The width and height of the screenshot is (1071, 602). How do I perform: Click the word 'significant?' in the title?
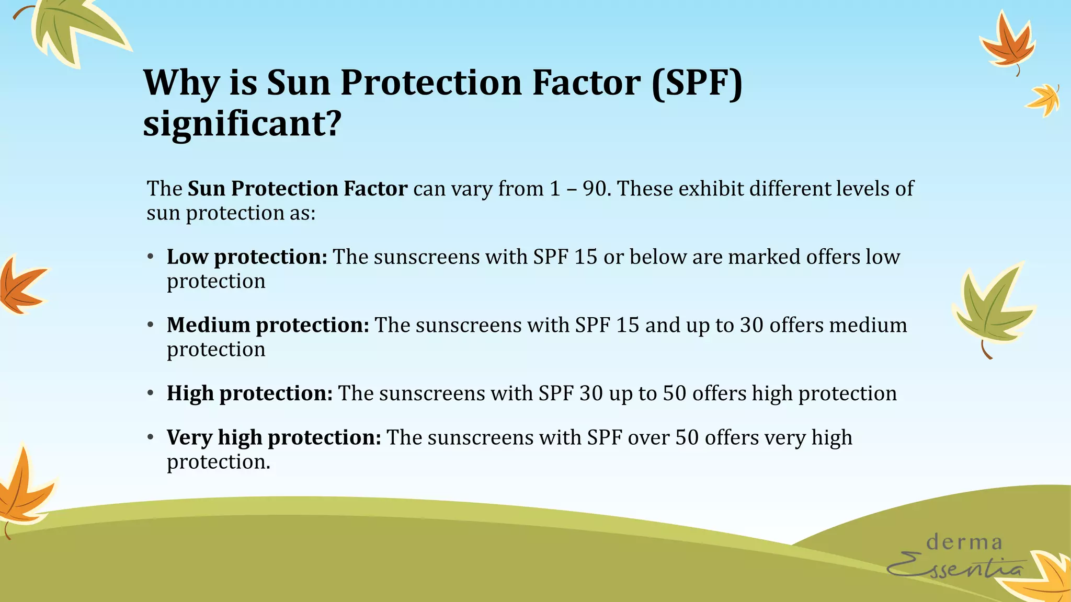pyautogui.click(x=242, y=124)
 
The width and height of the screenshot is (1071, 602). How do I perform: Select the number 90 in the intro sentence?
pyautogui.click(x=595, y=189)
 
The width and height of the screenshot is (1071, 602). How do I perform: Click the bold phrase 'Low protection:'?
pyautogui.click(x=247, y=257)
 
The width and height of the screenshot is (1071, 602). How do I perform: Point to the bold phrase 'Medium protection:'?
pyautogui.click(x=268, y=325)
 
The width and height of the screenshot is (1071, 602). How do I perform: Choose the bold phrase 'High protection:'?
pyautogui.click(x=249, y=393)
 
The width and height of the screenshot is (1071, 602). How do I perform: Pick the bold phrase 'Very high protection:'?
pyautogui.click(x=274, y=437)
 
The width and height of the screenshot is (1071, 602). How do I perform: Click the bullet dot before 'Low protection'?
pyautogui.click(x=151, y=257)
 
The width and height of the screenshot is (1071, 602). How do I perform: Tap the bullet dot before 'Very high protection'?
pyautogui.click(x=151, y=437)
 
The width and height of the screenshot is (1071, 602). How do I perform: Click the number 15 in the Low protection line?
pyautogui.click(x=585, y=257)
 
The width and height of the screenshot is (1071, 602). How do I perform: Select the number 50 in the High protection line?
pyautogui.click(x=674, y=393)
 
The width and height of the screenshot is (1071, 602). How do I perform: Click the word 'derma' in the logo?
pyautogui.click(x=964, y=542)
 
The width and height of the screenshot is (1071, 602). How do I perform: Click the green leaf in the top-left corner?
pyautogui.click(x=73, y=29)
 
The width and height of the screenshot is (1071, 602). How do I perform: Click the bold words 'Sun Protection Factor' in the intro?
pyautogui.click(x=297, y=189)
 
